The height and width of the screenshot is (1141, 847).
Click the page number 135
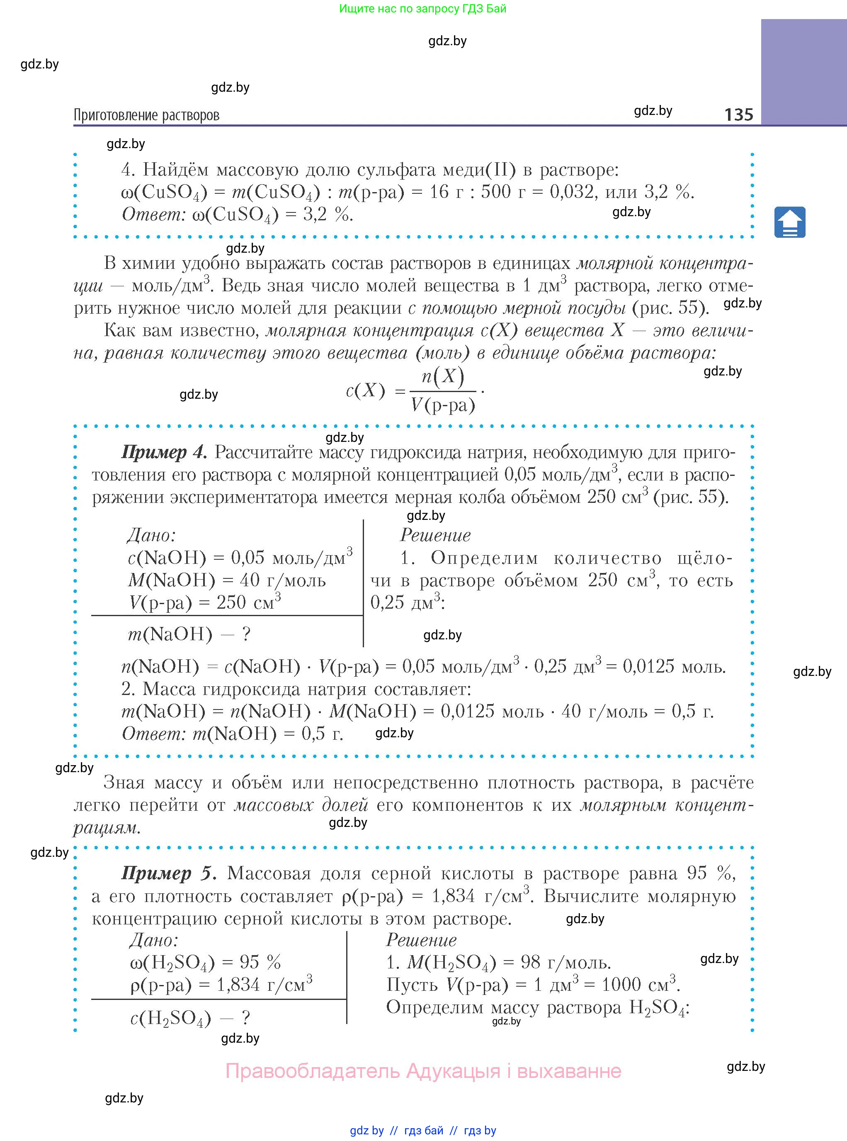(738, 114)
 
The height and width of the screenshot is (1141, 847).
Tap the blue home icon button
(789, 222)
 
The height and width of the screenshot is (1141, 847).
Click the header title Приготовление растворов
(147, 115)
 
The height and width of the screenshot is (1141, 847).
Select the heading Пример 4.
(164, 452)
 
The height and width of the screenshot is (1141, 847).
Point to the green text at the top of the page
(422, 9)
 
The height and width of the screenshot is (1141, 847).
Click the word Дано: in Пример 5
(154, 940)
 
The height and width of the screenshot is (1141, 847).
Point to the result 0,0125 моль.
(674, 666)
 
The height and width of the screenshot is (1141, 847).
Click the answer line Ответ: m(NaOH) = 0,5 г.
(232, 734)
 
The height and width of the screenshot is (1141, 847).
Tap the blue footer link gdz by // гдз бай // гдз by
(423, 1130)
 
